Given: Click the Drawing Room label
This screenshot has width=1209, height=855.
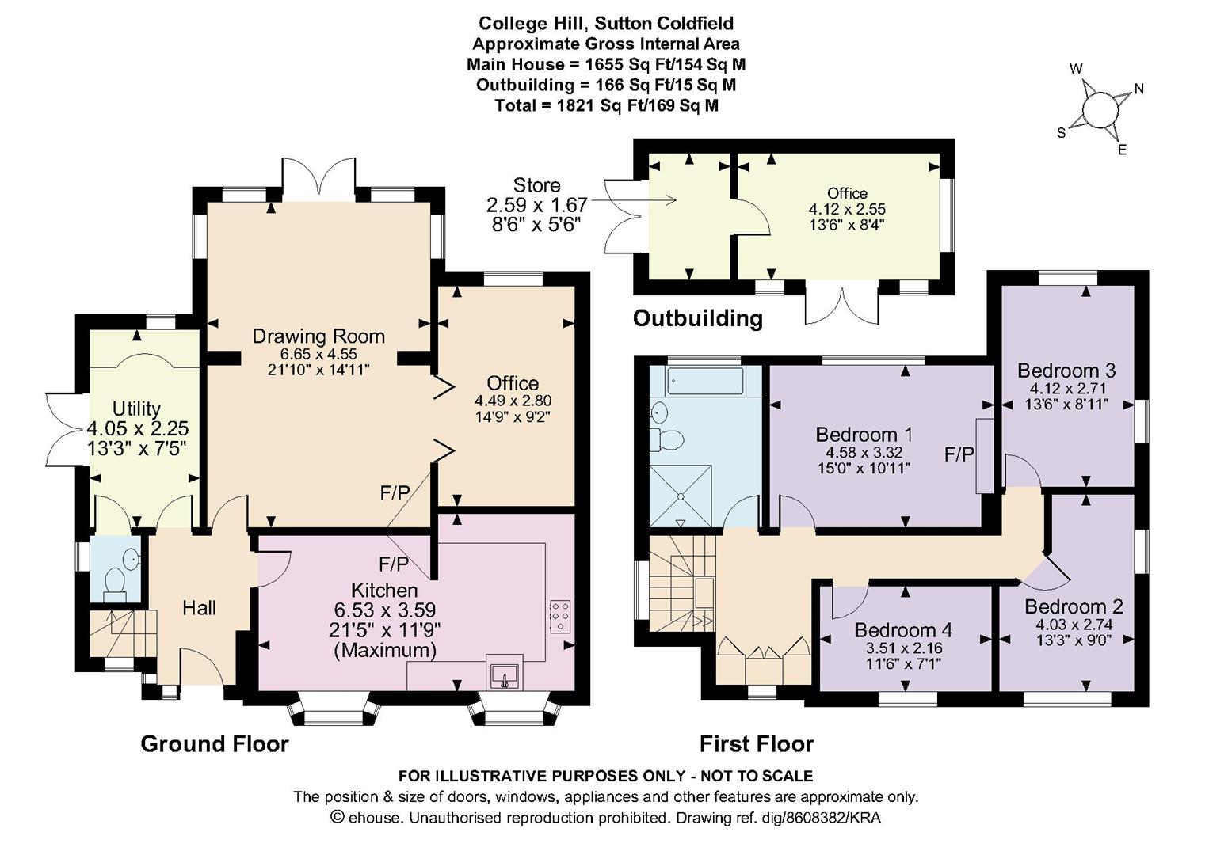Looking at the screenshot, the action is pyautogui.click(x=318, y=336).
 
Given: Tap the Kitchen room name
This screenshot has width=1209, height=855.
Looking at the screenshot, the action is pyautogui.click(x=384, y=590).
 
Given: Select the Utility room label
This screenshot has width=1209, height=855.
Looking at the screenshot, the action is pyautogui.click(x=136, y=408).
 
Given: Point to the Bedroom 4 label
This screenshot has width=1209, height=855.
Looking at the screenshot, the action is pyautogui.click(x=903, y=630).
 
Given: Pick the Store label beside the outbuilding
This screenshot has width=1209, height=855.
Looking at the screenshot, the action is pyautogui.click(x=536, y=185).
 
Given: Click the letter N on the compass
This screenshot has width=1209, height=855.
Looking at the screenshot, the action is pyautogui.click(x=1138, y=89).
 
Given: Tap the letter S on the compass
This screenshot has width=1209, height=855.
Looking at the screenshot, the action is pyautogui.click(x=1061, y=133).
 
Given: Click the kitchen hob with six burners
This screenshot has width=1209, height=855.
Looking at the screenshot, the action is pyautogui.click(x=559, y=616).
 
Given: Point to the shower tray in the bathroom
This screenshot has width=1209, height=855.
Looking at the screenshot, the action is pyautogui.click(x=681, y=496).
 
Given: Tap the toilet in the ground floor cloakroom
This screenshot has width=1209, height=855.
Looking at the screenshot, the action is pyautogui.click(x=114, y=585).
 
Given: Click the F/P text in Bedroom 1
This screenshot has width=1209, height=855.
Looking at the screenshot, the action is pyautogui.click(x=959, y=454).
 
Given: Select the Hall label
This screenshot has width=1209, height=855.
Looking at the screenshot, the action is pyautogui.click(x=199, y=608).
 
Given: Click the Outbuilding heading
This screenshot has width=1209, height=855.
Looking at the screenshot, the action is pyautogui.click(x=697, y=318).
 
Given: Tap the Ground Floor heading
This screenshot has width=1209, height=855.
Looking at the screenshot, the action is pyautogui.click(x=214, y=744).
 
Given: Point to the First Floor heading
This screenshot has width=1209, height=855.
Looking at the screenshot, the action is pyautogui.click(x=756, y=744).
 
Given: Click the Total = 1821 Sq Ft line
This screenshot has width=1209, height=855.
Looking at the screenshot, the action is pyautogui.click(x=607, y=105).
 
